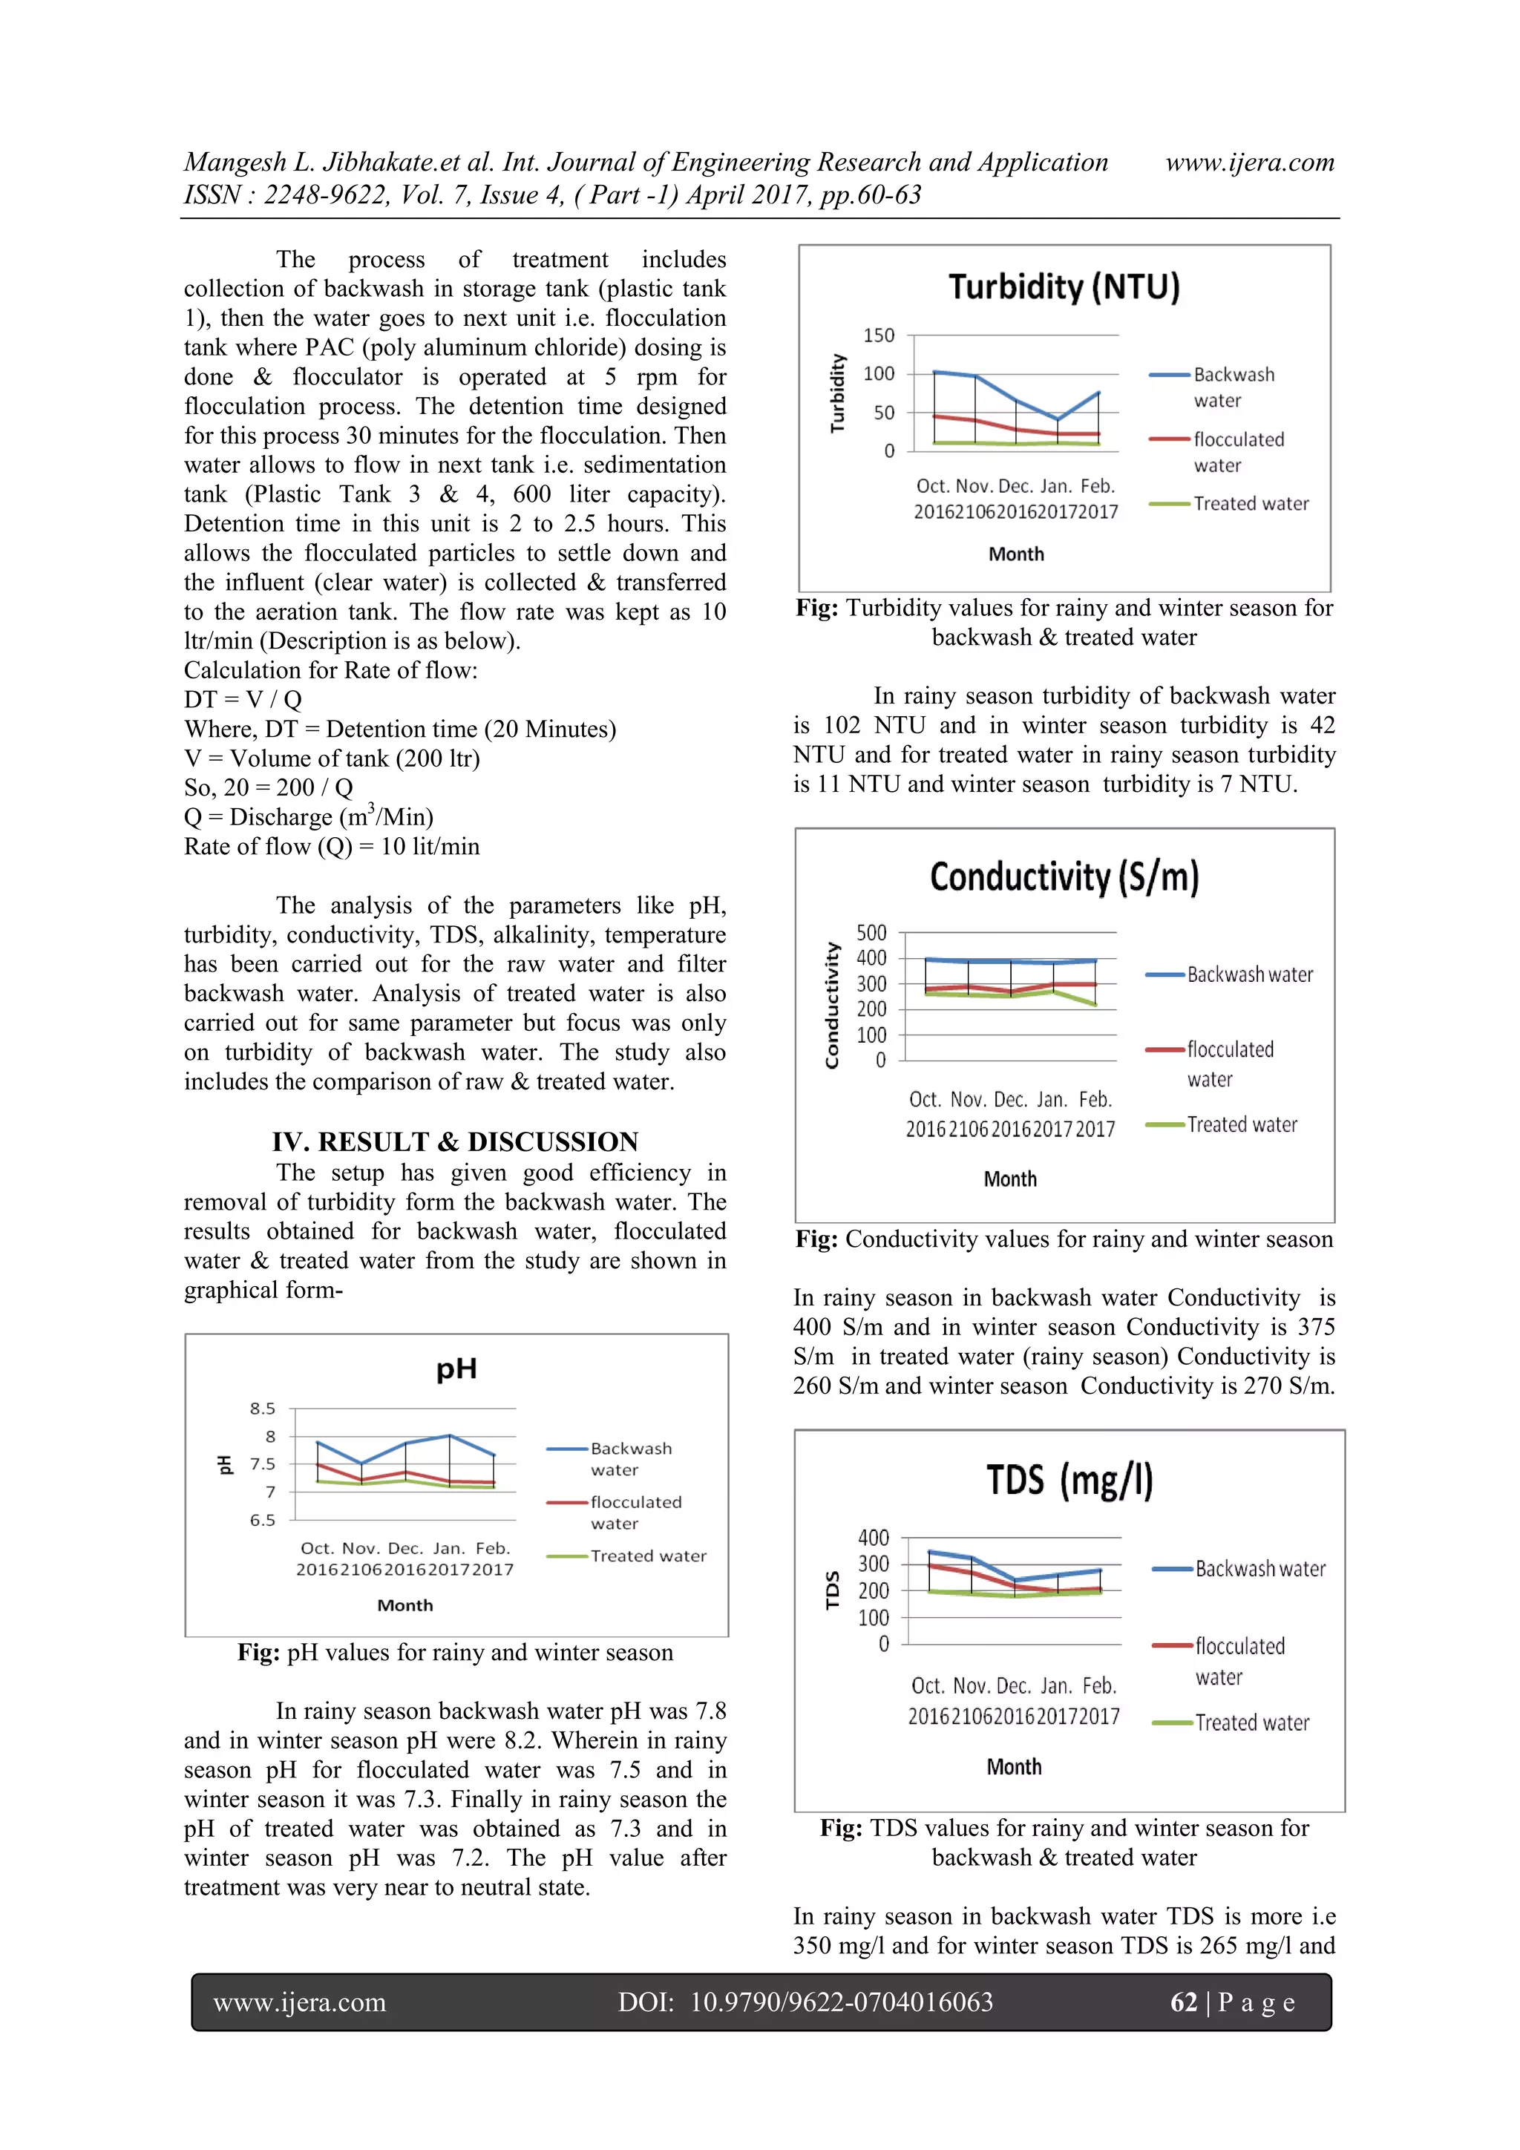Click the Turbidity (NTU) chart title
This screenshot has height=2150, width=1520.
[1064, 286]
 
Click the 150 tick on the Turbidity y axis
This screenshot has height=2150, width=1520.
[879, 335]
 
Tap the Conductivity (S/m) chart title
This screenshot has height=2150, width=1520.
[1064, 877]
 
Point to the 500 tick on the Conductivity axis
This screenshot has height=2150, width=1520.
[871, 933]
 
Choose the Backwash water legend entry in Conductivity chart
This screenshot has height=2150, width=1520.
[1249, 974]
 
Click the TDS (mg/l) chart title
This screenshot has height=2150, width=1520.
[1069, 1481]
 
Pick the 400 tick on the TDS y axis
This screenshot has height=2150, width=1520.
[873, 1538]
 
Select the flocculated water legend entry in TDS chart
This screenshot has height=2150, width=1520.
[1239, 1660]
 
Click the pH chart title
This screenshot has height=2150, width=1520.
[456, 1369]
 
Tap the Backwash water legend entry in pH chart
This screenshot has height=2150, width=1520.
[630, 1459]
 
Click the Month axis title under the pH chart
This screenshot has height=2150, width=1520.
[404, 1605]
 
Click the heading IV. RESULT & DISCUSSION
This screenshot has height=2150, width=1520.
[455, 1141]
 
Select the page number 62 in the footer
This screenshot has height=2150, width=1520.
[1183, 2002]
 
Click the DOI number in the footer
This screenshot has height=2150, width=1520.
[840, 2002]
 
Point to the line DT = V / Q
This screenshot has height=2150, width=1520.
[243, 700]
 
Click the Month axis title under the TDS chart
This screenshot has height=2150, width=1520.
[1013, 1767]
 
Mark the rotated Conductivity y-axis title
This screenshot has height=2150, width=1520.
[832, 1005]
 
